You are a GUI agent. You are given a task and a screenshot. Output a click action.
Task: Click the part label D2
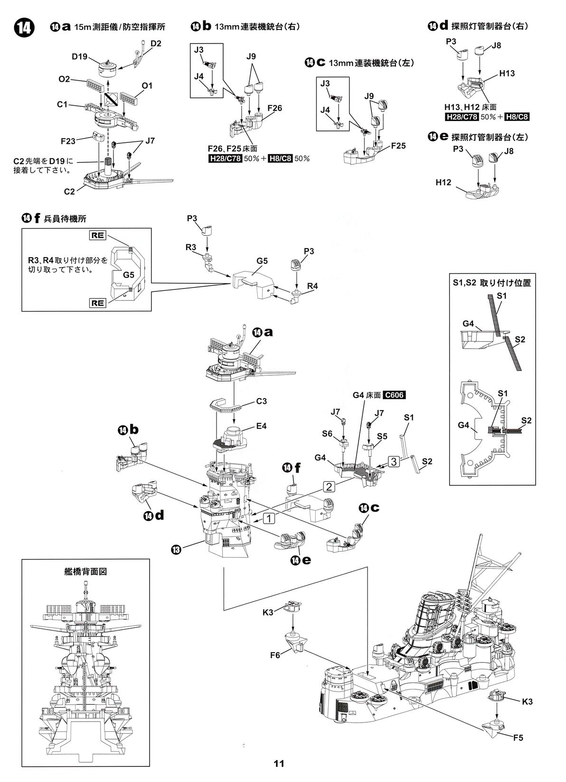tap(156, 44)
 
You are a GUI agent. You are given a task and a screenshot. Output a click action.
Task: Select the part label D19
tap(80, 57)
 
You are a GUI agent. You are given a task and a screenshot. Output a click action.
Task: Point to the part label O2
tap(64, 79)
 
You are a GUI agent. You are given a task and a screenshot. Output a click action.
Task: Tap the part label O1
tap(147, 86)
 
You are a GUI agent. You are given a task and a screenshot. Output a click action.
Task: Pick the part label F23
tap(69, 141)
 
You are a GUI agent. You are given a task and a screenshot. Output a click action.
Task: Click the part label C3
tap(261, 401)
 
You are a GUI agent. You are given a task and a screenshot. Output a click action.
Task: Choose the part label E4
tap(261, 426)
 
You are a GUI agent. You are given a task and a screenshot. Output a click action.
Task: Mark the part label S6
tap(327, 433)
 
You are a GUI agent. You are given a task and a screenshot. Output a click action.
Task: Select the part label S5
tap(382, 436)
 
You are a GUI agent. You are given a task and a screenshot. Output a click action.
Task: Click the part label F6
tap(275, 655)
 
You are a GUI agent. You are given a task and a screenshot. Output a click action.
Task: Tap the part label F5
tap(518, 737)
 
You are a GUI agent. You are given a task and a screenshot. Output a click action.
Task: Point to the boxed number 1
tap(269, 518)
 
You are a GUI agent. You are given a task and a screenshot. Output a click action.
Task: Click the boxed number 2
tap(330, 486)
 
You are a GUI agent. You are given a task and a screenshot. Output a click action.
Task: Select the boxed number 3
tap(394, 461)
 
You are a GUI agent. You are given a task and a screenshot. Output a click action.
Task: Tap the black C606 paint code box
tap(394, 395)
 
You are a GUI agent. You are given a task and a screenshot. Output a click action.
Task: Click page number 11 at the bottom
tap(279, 763)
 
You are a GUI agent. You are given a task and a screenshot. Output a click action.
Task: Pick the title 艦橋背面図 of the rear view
tap(85, 571)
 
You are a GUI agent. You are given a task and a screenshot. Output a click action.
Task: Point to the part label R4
tap(312, 286)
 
